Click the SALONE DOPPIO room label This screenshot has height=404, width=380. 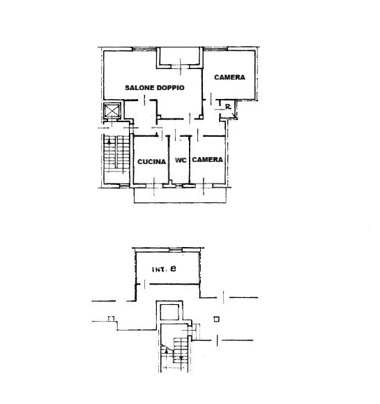[154, 88]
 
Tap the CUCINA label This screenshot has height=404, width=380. [151, 161]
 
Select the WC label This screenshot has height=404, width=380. [181, 160]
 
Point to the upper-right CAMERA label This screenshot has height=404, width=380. [229, 77]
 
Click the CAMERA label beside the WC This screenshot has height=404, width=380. [207, 160]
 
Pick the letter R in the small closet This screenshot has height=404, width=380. [228, 107]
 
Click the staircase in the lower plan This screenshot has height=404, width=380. [176, 352]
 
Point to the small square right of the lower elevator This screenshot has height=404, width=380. [217, 319]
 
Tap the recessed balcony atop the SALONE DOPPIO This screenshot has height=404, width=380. [179, 57]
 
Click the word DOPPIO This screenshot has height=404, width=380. [170, 88]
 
